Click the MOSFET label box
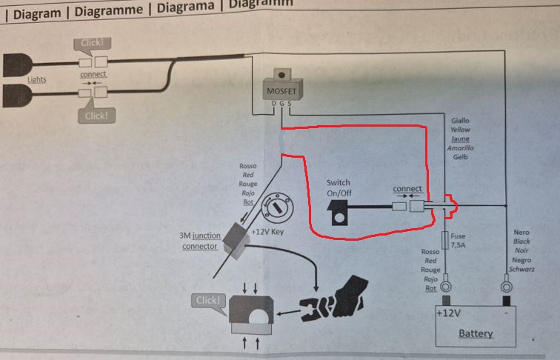coord(281,91)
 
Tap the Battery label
coord(475,334)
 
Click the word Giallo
coord(460,120)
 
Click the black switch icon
coord(340,211)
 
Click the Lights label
coord(37,79)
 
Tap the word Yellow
coord(460,129)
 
